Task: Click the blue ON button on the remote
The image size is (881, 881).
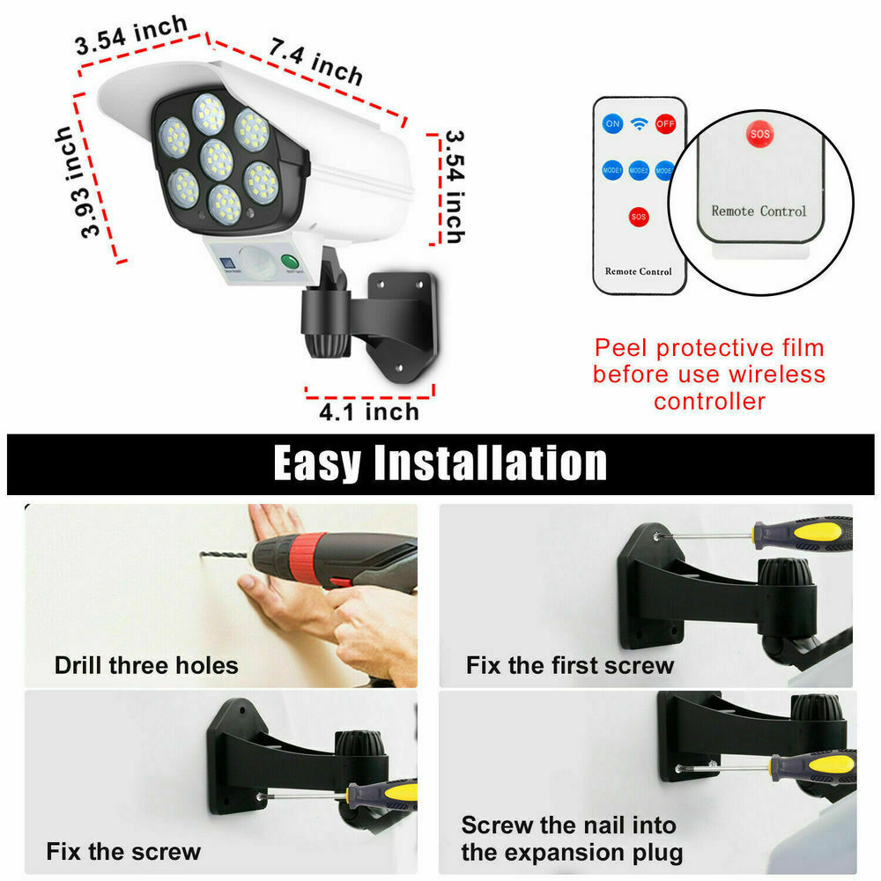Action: pos(612,124)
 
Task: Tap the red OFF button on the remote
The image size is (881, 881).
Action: pos(664,124)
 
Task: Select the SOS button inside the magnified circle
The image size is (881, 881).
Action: pos(759,135)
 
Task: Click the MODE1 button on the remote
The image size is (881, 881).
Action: pos(612,169)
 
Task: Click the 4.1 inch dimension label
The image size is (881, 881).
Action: pos(370,411)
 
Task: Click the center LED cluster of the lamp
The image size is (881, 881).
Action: pos(216,159)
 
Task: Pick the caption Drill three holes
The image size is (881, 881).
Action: pos(146,664)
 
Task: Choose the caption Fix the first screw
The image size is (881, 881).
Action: pos(570,664)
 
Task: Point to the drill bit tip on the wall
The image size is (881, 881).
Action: pos(205,555)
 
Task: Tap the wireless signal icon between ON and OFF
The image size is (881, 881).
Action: pos(639,124)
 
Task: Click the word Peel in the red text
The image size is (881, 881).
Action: pos(624,348)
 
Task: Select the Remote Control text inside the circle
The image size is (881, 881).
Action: pos(759,211)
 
